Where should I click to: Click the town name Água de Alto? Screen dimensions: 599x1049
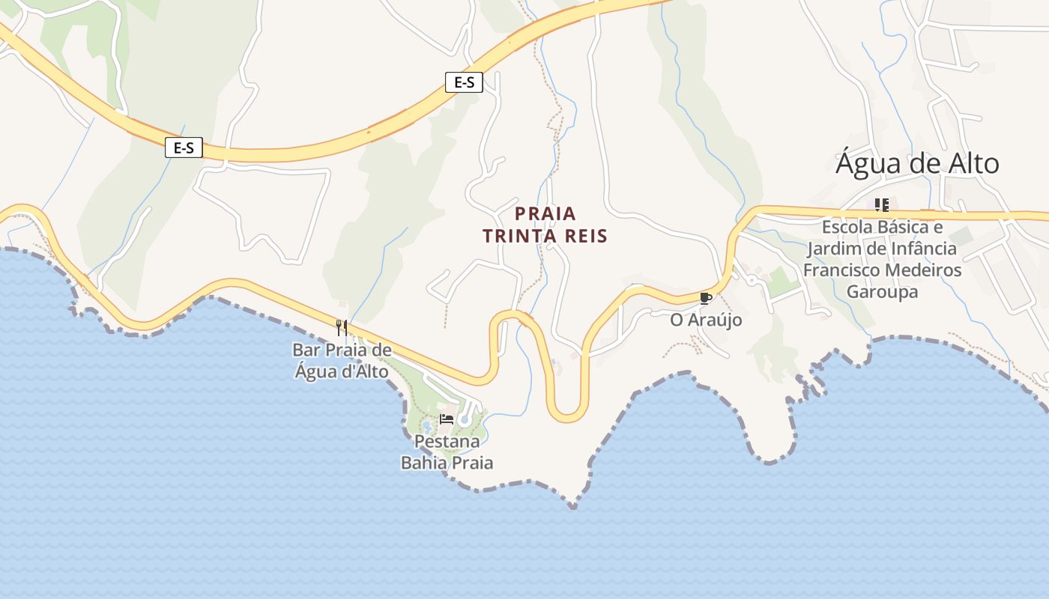pos(917,163)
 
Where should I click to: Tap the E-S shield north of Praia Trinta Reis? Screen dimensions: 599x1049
pos(464,82)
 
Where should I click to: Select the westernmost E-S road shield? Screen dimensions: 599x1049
pos(184,148)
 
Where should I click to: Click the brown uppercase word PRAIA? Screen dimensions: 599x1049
pos(545,213)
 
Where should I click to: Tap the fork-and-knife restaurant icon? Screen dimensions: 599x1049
pos(341,327)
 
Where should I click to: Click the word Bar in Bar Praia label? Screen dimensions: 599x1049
pos(305,350)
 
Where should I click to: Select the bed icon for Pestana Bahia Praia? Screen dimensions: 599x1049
pos(447,419)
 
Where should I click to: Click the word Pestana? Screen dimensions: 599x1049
pos(447,441)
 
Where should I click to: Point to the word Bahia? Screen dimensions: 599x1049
pos(424,463)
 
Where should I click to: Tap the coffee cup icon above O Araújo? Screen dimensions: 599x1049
pos(705,299)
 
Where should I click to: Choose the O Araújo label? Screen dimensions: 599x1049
pos(706,320)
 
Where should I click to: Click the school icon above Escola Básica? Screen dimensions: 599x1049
pos(882,204)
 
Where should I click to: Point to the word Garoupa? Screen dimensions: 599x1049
pos(882,291)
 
